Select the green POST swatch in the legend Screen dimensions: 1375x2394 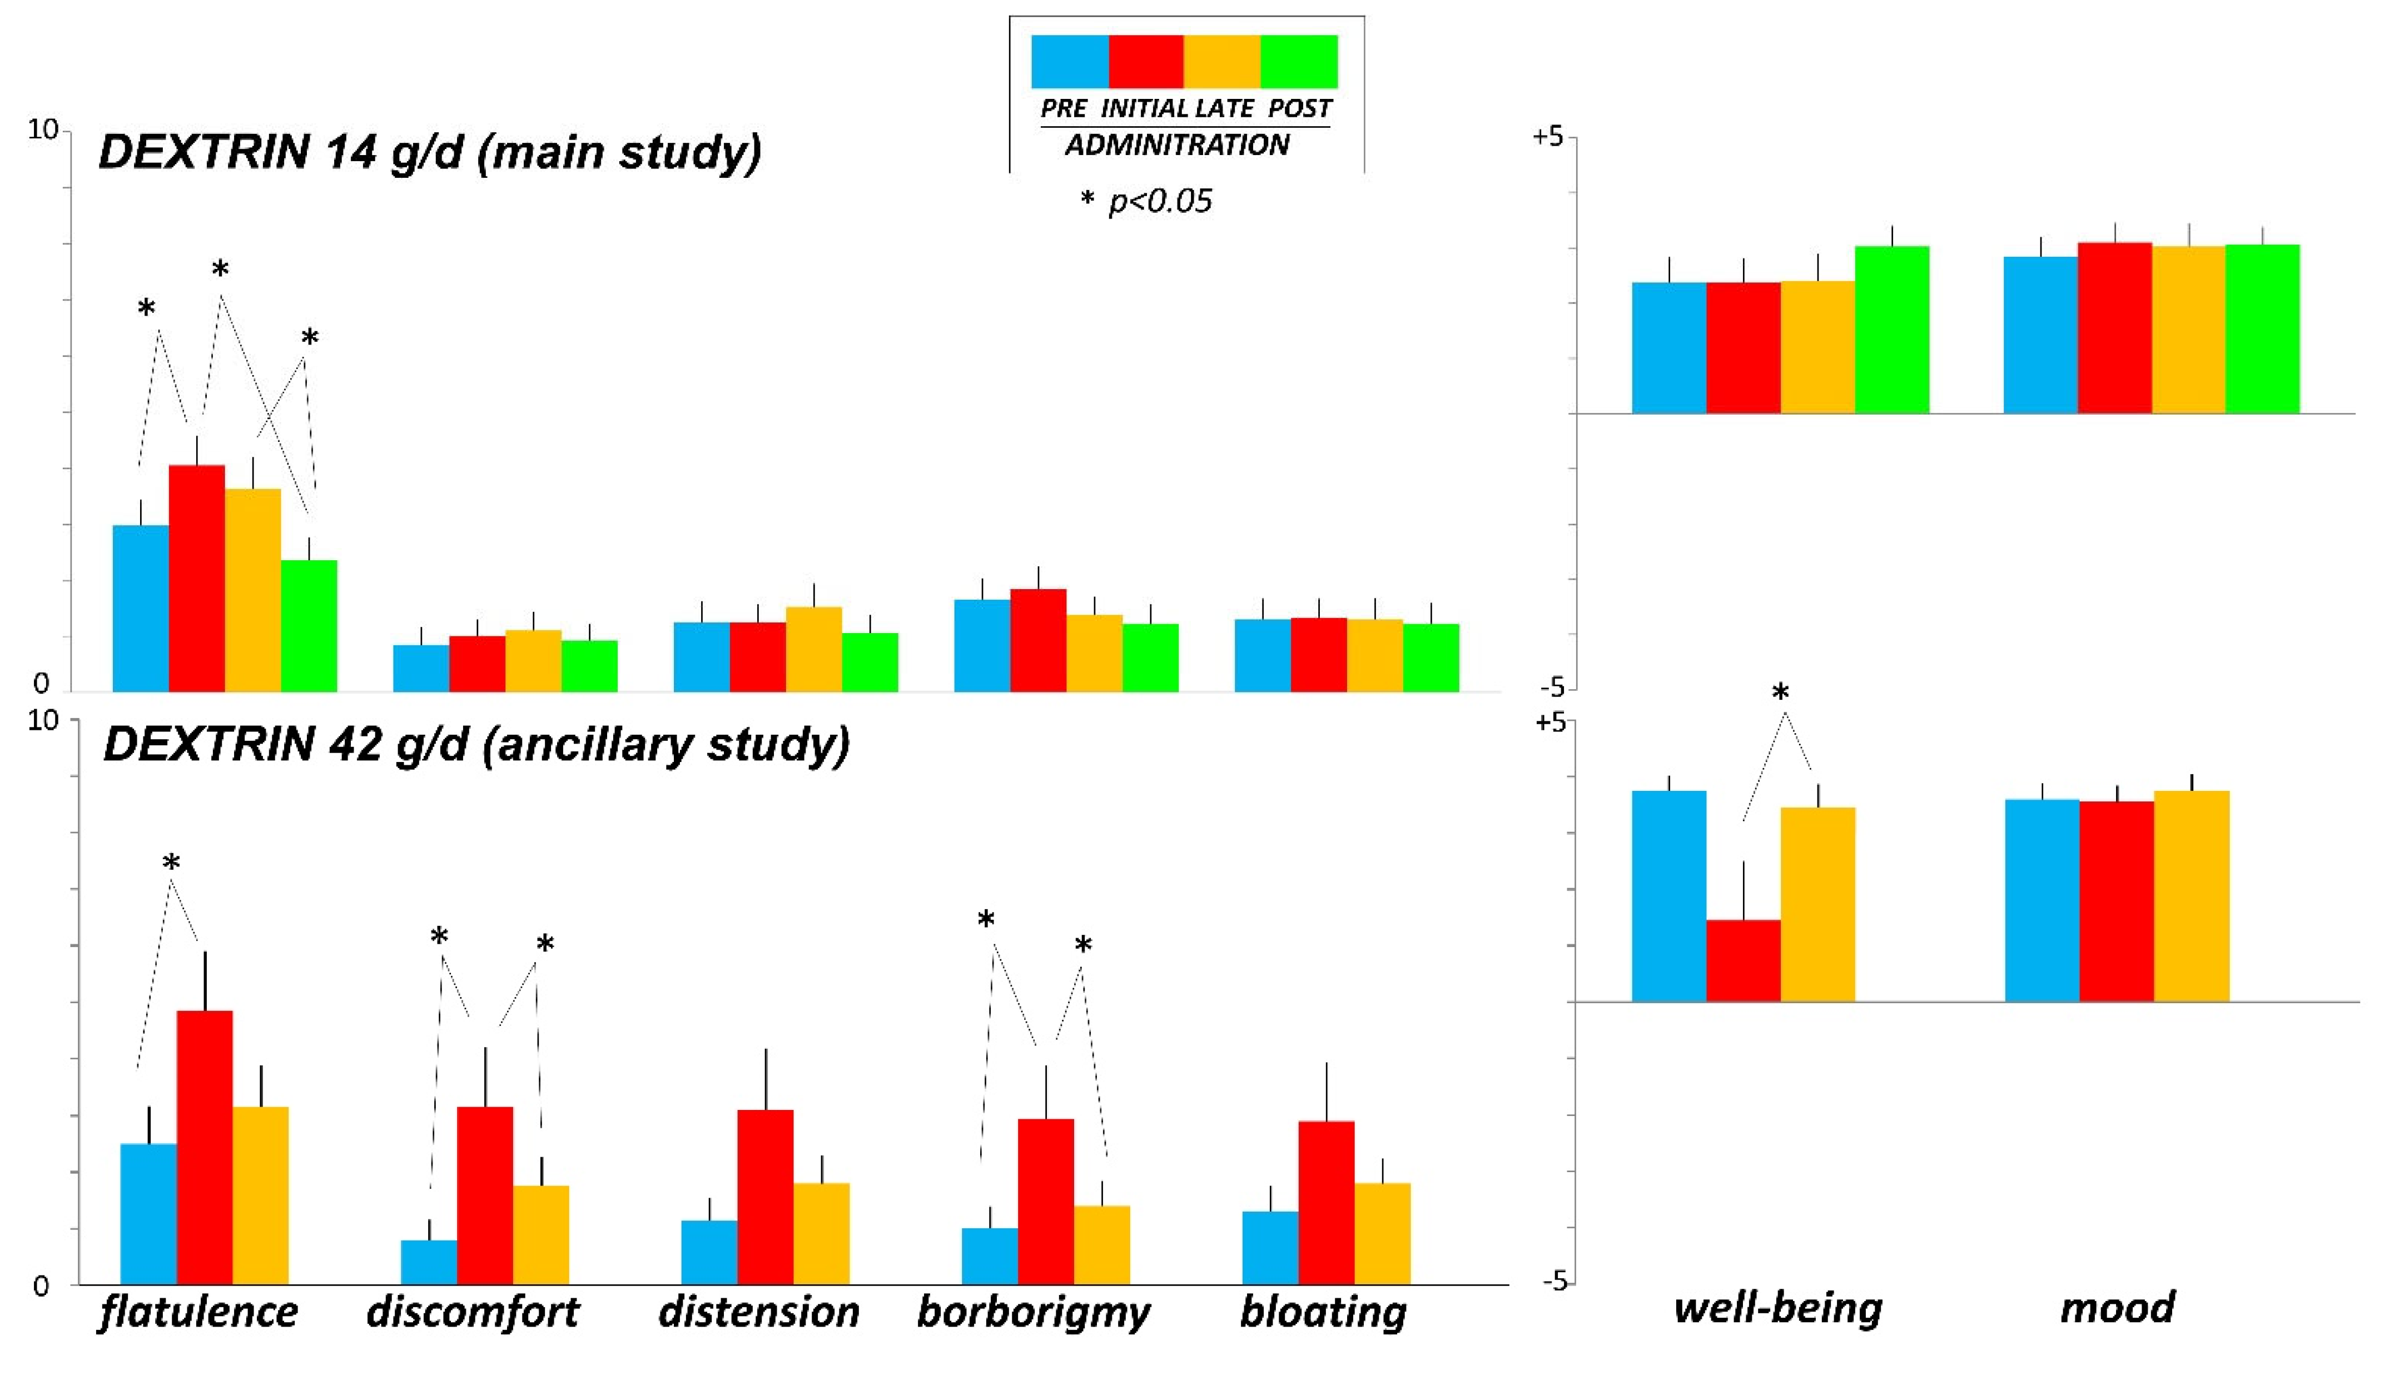1299,61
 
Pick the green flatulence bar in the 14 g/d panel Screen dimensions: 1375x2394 309,625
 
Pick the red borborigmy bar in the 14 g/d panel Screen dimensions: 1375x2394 1038,640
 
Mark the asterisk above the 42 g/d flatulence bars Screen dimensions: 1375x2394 171,863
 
